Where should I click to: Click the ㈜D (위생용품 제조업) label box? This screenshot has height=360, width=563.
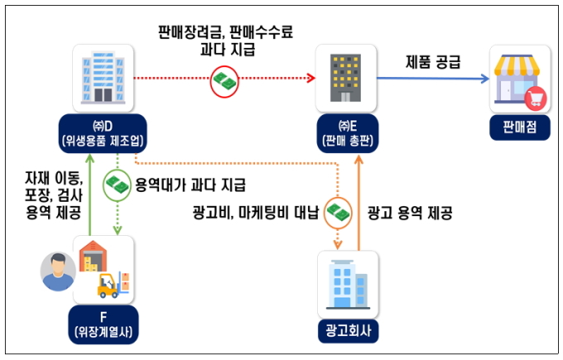[x=103, y=134]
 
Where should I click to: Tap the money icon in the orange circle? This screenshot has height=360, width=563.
[x=339, y=212]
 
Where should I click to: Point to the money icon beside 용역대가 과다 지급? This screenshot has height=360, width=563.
[x=118, y=182]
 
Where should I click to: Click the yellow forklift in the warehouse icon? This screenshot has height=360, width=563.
[x=113, y=286]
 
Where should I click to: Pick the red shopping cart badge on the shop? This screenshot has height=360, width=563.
[x=536, y=98]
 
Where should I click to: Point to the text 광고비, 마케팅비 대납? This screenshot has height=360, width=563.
[x=255, y=212]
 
